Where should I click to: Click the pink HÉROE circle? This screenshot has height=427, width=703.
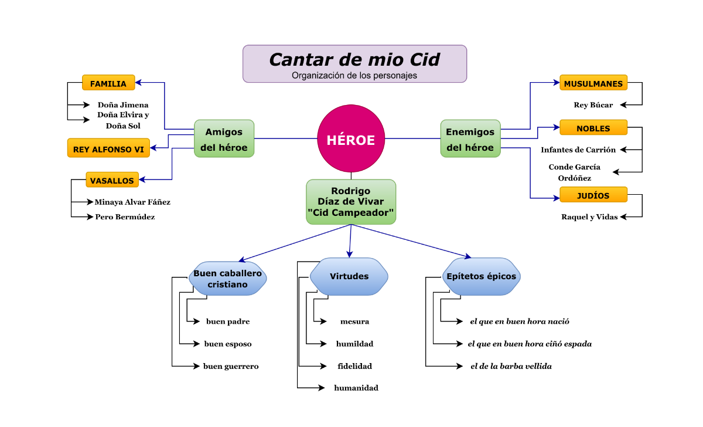pyautogui.click(x=351, y=139)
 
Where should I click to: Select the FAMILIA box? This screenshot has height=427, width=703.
pyautogui.click(x=108, y=83)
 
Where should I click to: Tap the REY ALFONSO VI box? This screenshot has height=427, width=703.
pyautogui.click(x=108, y=148)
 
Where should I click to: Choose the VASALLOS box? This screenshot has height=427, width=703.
pyautogui.click(x=112, y=180)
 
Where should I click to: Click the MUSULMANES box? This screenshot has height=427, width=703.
pyautogui.click(x=593, y=83)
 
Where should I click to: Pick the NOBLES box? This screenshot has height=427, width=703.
pyautogui.click(x=593, y=128)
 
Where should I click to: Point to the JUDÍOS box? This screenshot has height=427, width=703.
pyautogui.click(x=593, y=195)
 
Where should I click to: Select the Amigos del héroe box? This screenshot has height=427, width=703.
pyautogui.click(x=224, y=139)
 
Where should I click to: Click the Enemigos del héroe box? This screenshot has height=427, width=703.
pyautogui.click(x=470, y=139)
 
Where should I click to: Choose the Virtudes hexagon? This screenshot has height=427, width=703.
pyautogui.click(x=349, y=276)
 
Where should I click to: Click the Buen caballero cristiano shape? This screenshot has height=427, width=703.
pyautogui.click(x=227, y=279)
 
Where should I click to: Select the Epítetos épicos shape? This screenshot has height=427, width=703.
pyautogui.click(x=481, y=276)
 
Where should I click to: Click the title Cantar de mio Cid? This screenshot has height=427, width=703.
pyautogui.click(x=354, y=59)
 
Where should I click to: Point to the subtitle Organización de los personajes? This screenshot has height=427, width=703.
pyautogui.click(x=354, y=76)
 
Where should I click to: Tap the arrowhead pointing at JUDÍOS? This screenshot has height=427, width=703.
pyautogui.click(x=556, y=198)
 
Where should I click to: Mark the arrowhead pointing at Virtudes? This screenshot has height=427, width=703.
pyautogui.click(x=350, y=253)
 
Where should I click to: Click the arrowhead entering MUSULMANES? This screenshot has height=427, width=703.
pyautogui.click(x=556, y=83)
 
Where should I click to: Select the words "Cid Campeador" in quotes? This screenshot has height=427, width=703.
pyautogui.click(x=351, y=213)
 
